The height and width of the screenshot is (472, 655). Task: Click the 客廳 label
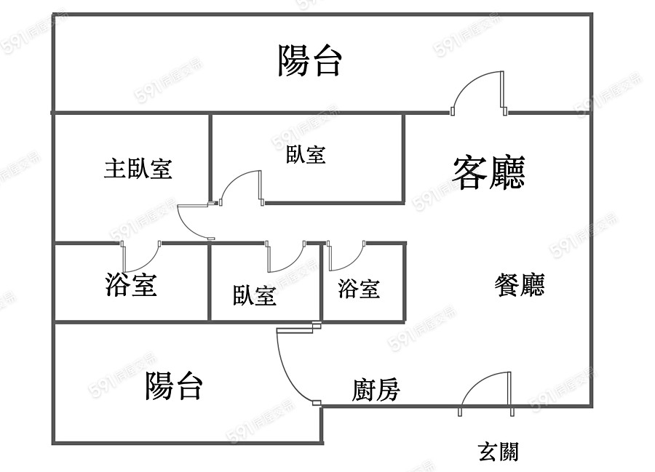click(x=488, y=172)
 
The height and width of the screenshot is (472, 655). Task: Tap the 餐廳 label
click(x=519, y=284)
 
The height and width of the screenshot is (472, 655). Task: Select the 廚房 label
click(x=376, y=390)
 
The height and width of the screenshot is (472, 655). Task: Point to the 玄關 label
click(x=498, y=452)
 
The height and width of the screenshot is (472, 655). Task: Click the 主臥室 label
click(x=138, y=169)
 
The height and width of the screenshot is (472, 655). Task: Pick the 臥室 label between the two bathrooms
click(x=254, y=295)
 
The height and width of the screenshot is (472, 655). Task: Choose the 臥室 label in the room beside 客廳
click(x=306, y=154)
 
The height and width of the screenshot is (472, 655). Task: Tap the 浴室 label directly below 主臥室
click(x=131, y=284)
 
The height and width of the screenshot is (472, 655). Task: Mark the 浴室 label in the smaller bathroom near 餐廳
click(x=359, y=289)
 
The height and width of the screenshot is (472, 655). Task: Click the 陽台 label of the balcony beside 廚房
click(x=173, y=385)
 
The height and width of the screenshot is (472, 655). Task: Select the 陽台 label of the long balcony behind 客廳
click(x=309, y=61)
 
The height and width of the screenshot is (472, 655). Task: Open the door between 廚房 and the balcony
click(x=295, y=364)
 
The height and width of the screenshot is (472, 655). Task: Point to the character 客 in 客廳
click(x=470, y=172)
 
